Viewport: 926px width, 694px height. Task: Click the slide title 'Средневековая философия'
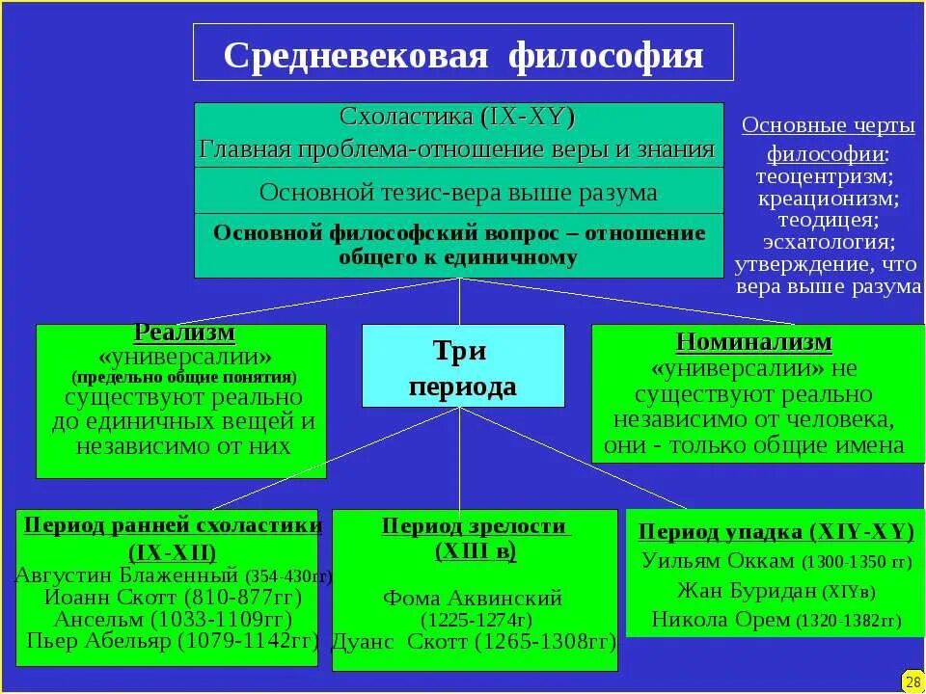[463, 54]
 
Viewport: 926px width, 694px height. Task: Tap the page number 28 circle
[912, 681]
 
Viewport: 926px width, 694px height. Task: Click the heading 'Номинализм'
[754, 343]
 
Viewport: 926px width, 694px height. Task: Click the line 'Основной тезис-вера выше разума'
[458, 192]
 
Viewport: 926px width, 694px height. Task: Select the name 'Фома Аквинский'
[473, 598]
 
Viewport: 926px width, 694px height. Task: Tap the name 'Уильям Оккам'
[719, 561]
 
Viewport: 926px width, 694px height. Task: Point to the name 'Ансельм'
[95, 619]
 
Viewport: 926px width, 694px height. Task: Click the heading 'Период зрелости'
[474, 526]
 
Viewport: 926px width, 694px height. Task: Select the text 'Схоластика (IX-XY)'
[457, 118]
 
